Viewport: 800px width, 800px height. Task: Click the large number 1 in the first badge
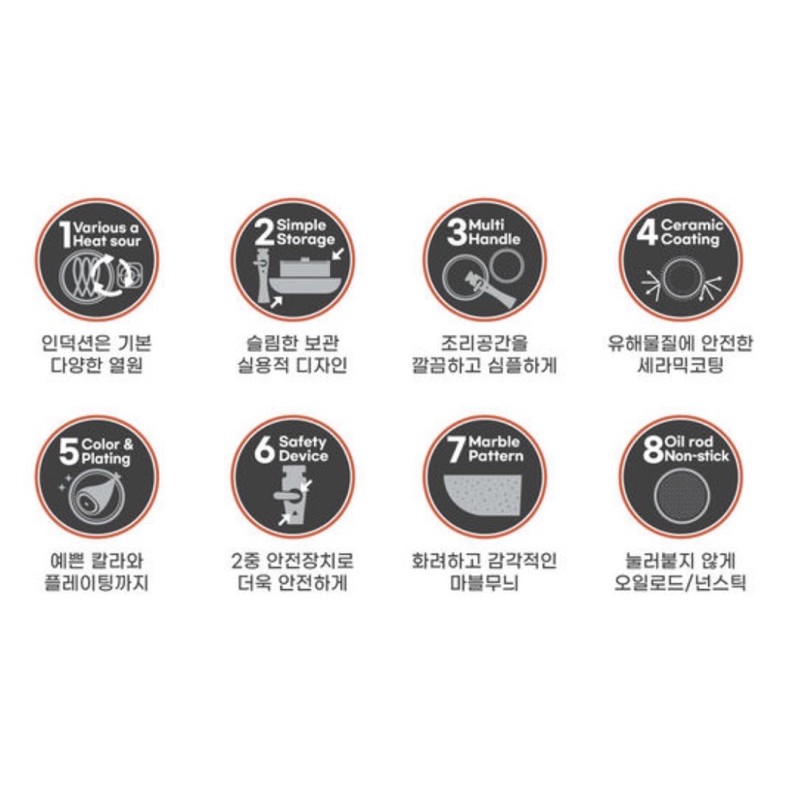coord(65,234)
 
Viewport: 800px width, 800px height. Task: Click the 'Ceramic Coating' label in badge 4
coord(691,233)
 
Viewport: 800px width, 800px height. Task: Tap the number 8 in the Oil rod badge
coord(654,451)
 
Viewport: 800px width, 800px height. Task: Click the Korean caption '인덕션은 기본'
coord(97,343)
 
